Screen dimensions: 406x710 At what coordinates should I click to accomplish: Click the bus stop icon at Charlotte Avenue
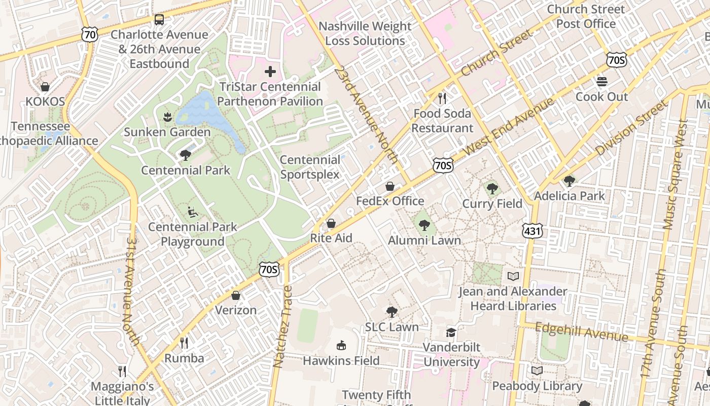[159, 20]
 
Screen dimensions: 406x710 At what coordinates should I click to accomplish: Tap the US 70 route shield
[89, 35]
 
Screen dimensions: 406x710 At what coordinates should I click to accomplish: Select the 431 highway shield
[532, 231]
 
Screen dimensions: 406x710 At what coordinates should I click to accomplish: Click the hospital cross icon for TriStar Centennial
[270, 72]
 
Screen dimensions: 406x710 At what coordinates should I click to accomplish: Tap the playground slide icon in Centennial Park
[193, 212]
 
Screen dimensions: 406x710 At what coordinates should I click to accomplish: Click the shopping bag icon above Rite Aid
[331, 223]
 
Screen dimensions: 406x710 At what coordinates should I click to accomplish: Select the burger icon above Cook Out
[602, 82]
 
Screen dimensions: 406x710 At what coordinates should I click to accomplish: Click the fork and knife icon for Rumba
[184, 343]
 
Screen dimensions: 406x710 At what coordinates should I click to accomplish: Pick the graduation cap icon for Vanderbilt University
[451, 332]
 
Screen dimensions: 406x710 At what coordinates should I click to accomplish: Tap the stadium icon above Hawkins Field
[341, 346]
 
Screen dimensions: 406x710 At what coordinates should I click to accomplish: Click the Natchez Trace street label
[283, 326]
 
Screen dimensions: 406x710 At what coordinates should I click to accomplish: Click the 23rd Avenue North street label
[366, 114]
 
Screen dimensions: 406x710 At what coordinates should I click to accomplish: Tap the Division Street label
[631, 128]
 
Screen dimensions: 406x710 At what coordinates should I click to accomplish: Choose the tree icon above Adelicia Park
[570, 181]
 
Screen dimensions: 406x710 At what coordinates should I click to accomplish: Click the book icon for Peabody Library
[537, 370]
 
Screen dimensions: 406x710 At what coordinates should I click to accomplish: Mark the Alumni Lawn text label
[424, 241]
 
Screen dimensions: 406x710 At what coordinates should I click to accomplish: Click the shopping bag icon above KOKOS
[45, 87]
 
